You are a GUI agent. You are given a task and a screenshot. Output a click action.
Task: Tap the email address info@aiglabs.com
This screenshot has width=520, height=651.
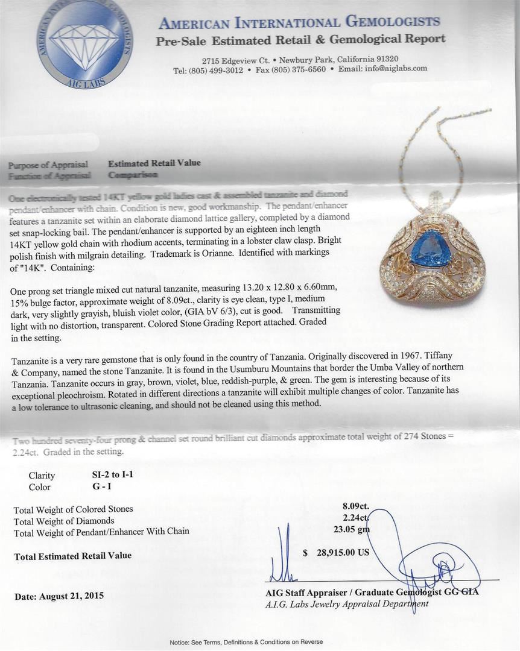(x=391, y=69)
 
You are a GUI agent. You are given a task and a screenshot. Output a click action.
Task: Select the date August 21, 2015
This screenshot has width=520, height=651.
(x=71, y=596)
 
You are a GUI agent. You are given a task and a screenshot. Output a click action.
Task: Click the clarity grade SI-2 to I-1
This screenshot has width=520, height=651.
(x=109, y=474)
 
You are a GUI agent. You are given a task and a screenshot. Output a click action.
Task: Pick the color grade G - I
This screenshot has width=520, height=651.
(x=96, y=486)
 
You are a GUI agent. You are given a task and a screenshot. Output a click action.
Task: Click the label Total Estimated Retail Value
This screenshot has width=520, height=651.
(x=73, y=556)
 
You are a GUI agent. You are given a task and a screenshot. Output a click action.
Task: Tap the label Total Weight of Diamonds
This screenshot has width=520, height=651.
(x=64, y=521)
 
